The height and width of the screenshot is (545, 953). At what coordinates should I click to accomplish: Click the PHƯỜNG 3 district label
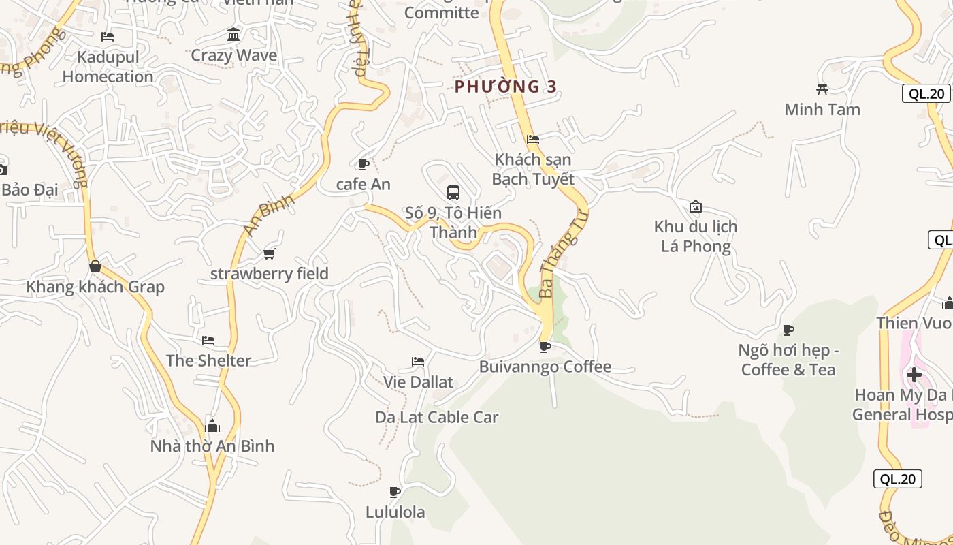[506, 87]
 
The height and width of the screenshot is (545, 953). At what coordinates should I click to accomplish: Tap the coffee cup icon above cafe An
[363, 164]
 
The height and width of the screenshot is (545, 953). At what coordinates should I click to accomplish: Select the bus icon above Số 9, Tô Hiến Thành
[453, 193]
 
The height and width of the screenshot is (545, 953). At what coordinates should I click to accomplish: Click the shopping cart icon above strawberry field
[270, 253]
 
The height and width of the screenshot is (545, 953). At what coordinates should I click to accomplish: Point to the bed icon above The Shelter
[208, 341]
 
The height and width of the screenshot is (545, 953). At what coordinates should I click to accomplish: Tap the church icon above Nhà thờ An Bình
[212, 426]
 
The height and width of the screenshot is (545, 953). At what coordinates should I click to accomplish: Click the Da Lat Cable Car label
[437, 417]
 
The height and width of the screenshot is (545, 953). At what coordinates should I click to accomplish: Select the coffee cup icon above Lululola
[395, 492]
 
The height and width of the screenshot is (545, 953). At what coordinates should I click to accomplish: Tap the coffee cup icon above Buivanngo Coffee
[545, 347]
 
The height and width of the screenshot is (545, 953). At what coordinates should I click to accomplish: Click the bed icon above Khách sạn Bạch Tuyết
[533, 140]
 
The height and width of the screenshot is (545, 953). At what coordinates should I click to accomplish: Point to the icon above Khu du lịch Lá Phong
[696, 206]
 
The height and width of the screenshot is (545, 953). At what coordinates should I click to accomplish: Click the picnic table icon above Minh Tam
[822, 89]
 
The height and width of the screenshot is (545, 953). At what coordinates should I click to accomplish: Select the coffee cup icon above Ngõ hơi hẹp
[788, 330]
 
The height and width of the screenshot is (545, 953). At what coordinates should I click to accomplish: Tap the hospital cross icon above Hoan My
[914, 375]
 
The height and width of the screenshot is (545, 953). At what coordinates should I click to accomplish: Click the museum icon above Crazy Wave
[234, 34]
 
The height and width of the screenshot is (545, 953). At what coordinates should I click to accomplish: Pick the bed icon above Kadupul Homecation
[108, 37]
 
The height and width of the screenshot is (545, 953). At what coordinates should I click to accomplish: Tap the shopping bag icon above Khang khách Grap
[95, 266]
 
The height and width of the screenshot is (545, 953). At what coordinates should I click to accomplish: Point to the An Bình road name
[269, 215]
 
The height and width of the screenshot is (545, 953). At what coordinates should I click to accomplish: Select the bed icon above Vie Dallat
[418, 362]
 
